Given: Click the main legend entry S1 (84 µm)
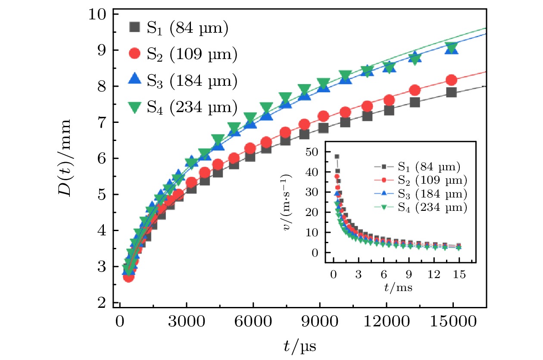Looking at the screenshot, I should pos(178,28).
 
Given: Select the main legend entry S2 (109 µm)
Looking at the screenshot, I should pos(184,54).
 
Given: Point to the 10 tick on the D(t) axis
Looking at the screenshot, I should pos(97,14).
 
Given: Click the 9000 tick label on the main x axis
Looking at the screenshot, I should pos(319,322).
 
